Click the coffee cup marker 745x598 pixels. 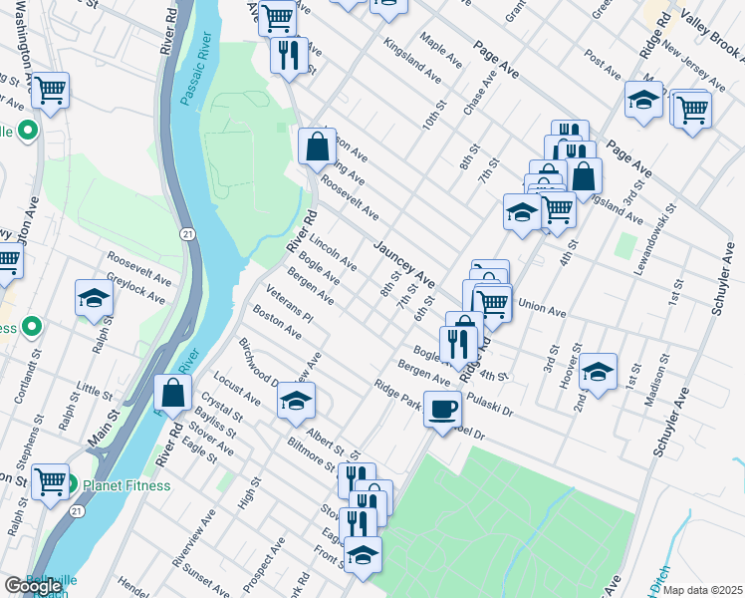[x=441, y=407]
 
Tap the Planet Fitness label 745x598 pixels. [x=126, y=485]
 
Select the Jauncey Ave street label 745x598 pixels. [x=404, y=262]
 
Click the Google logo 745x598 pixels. [x=33, y=587]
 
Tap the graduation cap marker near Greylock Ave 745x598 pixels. [x=95, y=298]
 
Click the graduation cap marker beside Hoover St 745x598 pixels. [x=598, y=373]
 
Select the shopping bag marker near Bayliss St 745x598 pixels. [x=172, y=392]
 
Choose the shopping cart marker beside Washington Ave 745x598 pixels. [x=50, y=91]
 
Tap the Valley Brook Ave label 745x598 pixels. [x=706, y=22]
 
